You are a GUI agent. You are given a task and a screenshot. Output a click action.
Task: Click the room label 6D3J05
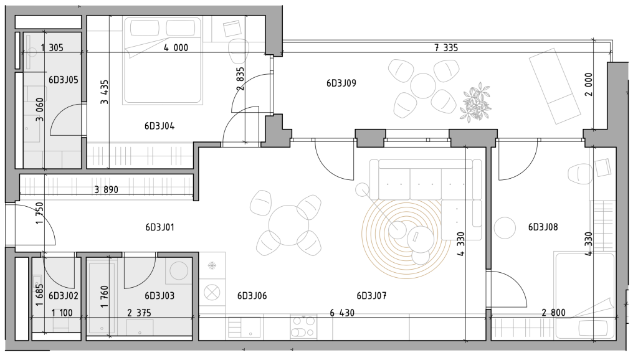[64, 80]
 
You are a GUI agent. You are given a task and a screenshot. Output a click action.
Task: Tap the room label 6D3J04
[159, 126]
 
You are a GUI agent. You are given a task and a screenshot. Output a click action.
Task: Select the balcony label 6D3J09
[341, 83]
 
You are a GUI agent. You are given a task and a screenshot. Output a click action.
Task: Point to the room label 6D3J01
[160, 227]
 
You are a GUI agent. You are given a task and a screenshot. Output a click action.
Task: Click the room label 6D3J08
[543, 227]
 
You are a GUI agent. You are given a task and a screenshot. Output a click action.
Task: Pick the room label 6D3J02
[64, 296]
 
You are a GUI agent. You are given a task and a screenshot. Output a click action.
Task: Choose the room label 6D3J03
[159, 296]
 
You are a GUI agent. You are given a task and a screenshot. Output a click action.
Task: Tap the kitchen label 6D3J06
[252, 296]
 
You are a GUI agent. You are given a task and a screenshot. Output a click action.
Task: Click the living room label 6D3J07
[371, 296]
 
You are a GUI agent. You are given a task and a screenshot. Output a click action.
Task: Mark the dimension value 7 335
[446, 47]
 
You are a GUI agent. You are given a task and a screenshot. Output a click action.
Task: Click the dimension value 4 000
[176, 47]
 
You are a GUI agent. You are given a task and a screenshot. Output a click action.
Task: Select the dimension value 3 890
[106, 189]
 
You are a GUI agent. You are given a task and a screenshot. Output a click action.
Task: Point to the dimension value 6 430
[342, 313]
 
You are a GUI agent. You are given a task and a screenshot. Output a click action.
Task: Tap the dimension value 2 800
[554, 313]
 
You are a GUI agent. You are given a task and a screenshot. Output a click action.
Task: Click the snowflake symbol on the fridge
[212, 266]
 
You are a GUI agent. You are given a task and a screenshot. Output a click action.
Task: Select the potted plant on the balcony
[475, 102]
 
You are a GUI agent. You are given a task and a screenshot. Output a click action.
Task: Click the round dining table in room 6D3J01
[288, 225]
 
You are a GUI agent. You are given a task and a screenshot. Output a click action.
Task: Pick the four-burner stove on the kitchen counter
[303, 326]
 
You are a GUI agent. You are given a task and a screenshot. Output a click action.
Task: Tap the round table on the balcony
[423, 86]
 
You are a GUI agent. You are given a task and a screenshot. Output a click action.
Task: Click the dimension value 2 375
[139, 313]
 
